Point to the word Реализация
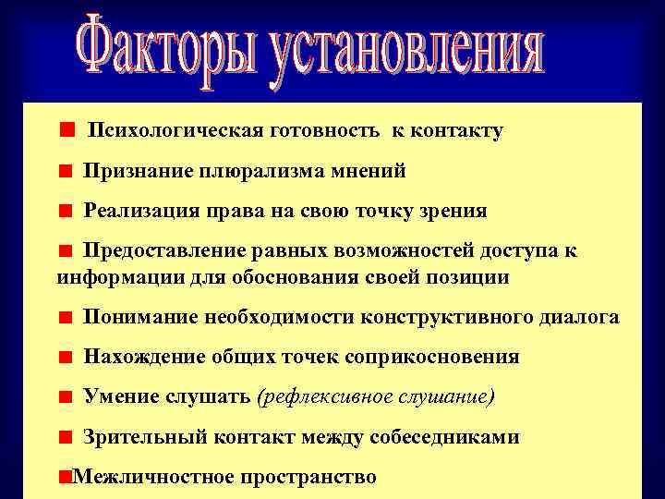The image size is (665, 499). pyautogui.click(x=140, y=211)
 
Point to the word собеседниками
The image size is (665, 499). pyautogui.click(x=444, y=437)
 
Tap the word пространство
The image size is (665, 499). pyautogui.click(x=308, y=478)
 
